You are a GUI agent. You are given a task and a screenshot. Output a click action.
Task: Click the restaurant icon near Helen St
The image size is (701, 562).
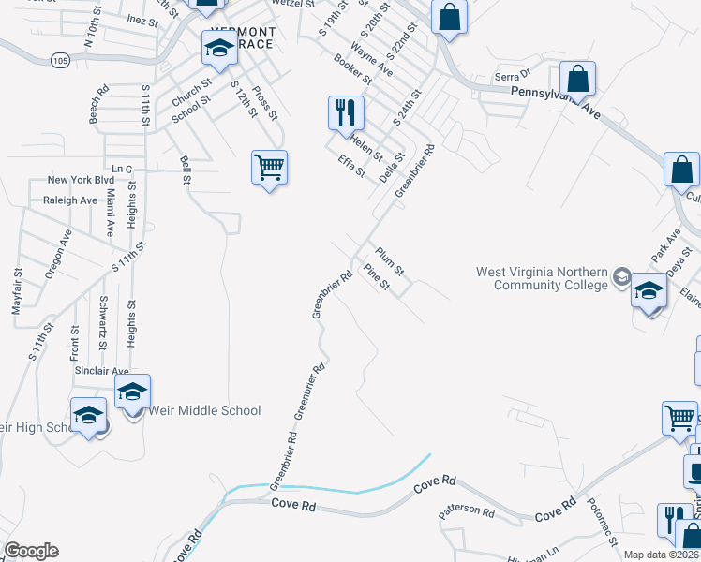pyautogui.click(x=345, y=113)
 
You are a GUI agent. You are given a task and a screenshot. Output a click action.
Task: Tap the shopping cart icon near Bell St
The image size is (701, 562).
pyautogui.click(x=268, y=169)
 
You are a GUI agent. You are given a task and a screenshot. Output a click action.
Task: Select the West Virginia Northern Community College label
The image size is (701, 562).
pyautogui.click(x=542, y=278)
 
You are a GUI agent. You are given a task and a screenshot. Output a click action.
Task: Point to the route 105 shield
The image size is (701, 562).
pyautogui.click(x=61, y=60)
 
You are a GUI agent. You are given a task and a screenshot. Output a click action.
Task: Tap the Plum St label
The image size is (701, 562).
pyautogui.click(x=389, y=259)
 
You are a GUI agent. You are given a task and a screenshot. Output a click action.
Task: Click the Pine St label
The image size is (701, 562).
pyautogui.click(x=377, y=278)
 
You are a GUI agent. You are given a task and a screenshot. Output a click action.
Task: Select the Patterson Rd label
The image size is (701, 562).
pyautogui.click(x=466, y=512)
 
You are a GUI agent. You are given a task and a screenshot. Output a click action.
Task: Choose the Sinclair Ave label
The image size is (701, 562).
pyautogui.click(x=100, y=371)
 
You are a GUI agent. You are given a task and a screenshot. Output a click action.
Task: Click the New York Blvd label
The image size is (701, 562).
pyautogui.click(x=81, y=180)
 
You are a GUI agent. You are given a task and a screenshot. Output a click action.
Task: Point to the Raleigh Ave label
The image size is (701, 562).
pyautogui.click(x=70, y=200)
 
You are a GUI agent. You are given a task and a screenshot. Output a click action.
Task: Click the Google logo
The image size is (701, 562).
pyautogui.click(x=30, y=551)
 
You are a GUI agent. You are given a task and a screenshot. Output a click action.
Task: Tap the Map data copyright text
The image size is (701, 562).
pyautogui.click(x=662, y=555)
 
